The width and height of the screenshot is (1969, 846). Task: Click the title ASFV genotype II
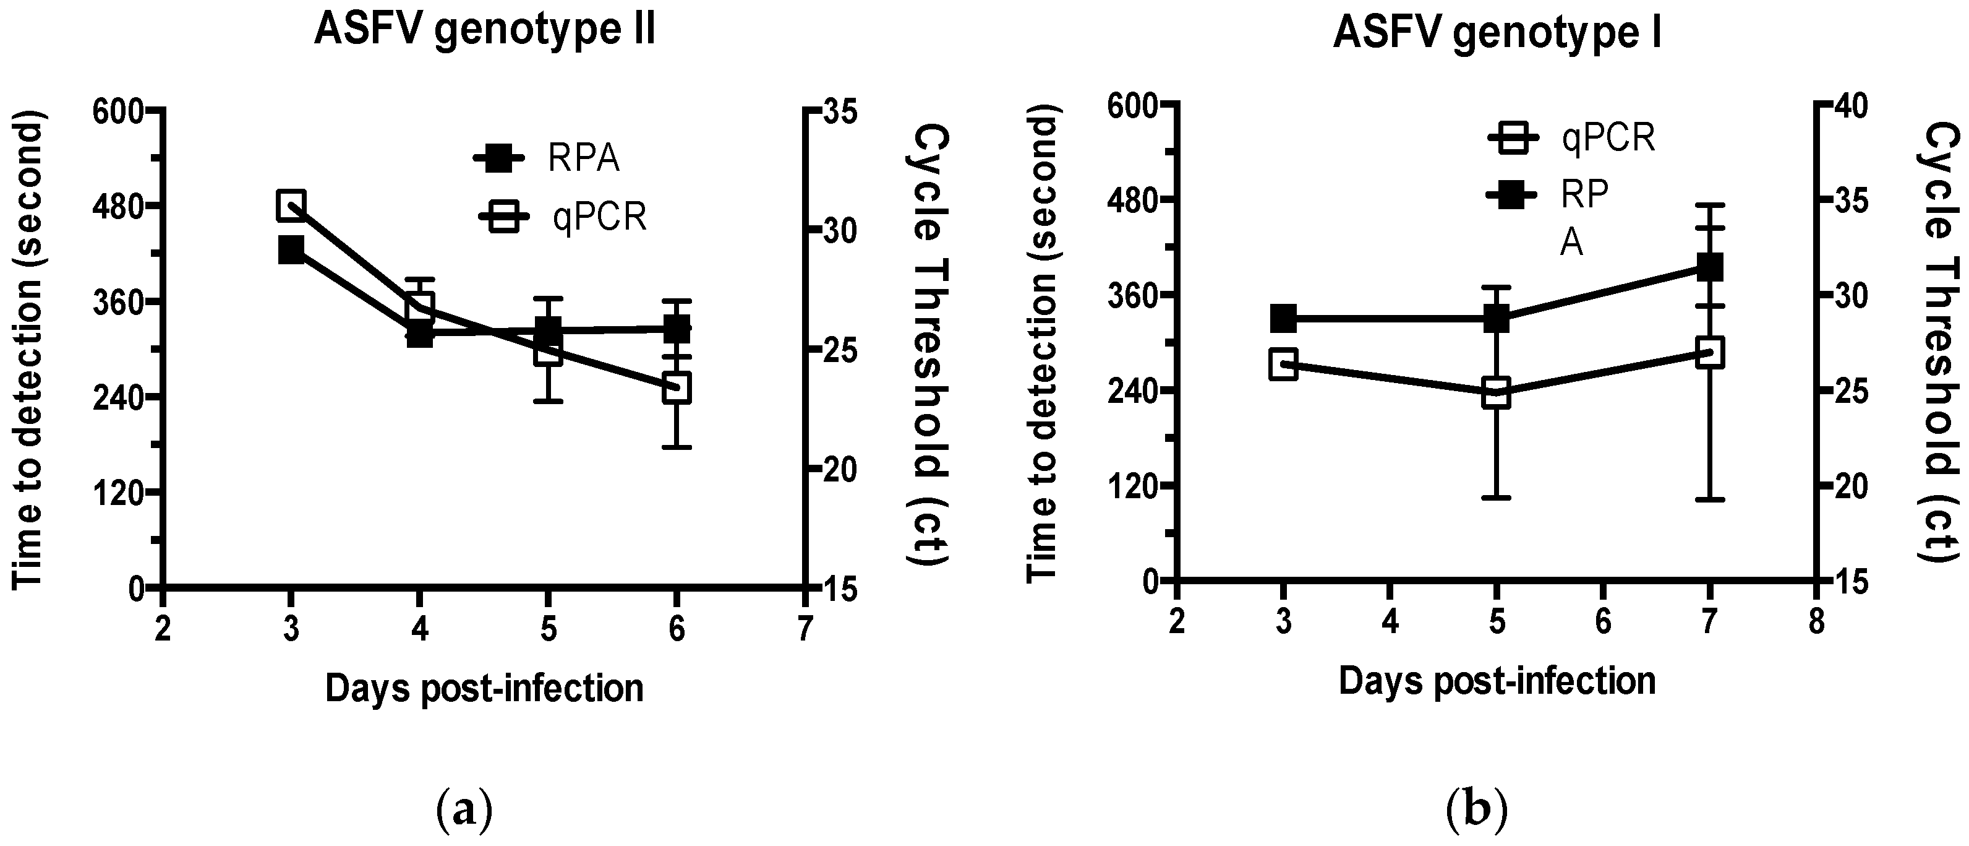[485, 32]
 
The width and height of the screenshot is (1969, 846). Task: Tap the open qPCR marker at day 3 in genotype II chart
[291, 205]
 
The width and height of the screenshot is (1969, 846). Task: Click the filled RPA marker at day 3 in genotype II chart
[291, 249]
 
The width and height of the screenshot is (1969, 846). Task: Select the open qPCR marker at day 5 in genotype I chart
[1496, 394]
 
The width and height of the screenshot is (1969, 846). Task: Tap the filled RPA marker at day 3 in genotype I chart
[1283, 318]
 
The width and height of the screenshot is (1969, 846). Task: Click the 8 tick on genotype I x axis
[1816, 622]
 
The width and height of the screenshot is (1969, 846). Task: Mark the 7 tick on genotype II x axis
[804, 629]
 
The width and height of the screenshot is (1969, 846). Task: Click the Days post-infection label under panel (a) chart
[485, 688]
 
